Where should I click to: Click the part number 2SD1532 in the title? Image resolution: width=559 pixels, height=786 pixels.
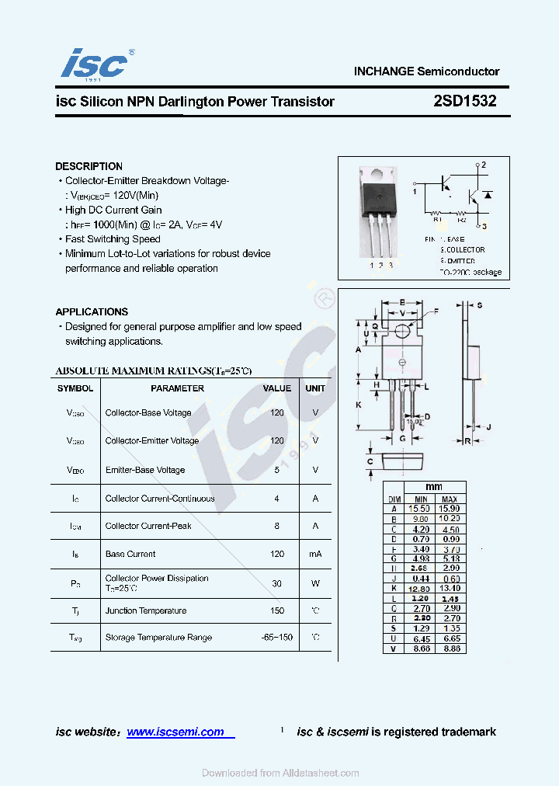point(466,101)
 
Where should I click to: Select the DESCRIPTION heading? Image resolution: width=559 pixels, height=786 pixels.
point(89,166)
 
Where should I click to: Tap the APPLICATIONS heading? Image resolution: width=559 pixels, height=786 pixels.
point(92,311)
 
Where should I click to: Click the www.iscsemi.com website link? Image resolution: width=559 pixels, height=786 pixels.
point(175,732)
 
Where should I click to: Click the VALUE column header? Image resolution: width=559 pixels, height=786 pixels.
point(277,388)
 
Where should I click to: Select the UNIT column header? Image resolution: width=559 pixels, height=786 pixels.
point(315,388)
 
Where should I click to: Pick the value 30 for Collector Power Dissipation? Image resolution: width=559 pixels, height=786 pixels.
point(277,583)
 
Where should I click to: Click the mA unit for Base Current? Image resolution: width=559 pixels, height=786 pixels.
point(315,554)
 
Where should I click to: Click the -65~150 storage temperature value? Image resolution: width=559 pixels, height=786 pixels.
point(277,637)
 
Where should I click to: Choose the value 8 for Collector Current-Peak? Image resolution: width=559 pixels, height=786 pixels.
point(277,526)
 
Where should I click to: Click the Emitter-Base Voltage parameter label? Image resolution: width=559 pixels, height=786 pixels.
point(145,470)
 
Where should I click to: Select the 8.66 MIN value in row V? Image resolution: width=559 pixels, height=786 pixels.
point(420,649)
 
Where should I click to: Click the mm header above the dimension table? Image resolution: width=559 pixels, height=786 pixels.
point(435,487)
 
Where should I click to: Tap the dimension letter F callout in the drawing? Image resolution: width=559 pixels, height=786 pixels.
point(436,311)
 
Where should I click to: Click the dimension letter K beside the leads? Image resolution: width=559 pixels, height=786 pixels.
point(358,405)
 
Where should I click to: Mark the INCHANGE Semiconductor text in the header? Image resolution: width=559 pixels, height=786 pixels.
point(427,71)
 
